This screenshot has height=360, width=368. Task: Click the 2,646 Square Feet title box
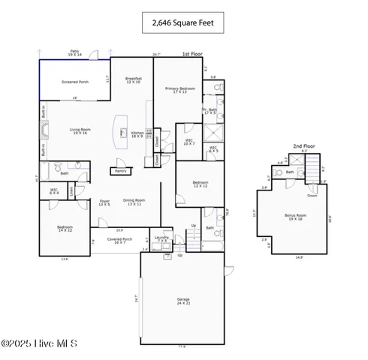(183, 24)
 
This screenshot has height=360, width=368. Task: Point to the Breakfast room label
(134, 79)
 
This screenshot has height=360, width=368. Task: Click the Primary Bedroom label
(180, 90)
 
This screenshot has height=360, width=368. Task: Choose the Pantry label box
(120, 170)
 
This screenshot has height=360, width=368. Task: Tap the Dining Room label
(134, 202)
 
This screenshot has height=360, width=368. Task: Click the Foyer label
(104, 202)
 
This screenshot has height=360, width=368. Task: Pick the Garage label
(182, 301)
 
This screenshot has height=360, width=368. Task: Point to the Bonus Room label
(294, 217)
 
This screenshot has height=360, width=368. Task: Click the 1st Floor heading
(192, 54)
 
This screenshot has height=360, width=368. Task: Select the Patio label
(74, 53)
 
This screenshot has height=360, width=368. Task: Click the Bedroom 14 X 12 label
(65, 228)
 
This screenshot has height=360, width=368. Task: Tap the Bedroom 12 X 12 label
(200, 184)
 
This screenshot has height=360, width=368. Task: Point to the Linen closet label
(71, 192)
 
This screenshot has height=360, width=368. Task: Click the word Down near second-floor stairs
(312, 184)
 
